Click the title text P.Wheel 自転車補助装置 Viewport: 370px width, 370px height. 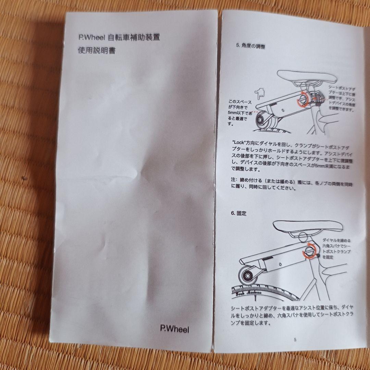point(119,37)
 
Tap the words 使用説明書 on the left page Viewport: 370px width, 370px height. point(96,51)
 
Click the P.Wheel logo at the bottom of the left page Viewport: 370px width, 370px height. point(174,329)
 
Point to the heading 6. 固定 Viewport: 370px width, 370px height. point(238,213)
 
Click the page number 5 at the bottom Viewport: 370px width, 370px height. point(295,340)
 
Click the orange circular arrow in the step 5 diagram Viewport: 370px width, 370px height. point(302,100)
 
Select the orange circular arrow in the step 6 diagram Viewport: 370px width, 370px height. point(308,251)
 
